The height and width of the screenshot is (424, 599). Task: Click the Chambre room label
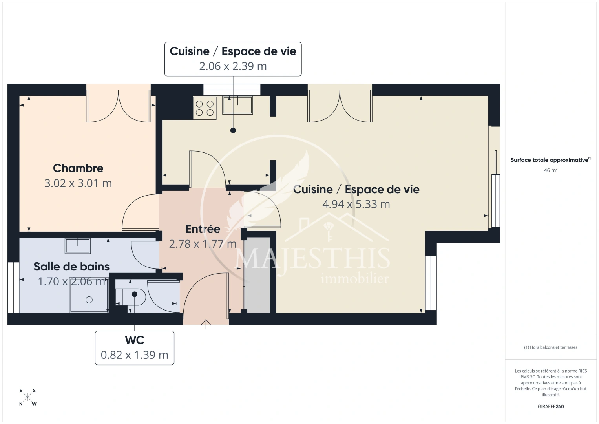[x=78, y=168]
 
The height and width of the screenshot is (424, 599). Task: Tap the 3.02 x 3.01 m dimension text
[x=78, y=183]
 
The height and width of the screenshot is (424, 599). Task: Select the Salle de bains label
[x=71, y=267]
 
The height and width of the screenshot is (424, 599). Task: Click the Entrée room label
[x=203, y=229]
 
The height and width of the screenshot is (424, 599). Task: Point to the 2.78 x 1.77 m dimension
[x=203, y=244]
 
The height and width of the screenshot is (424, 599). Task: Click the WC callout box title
[x=135, y=340]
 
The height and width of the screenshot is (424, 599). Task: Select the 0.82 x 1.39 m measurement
[x=135, y=355]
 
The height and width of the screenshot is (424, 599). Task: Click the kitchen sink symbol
[x=237, y=105]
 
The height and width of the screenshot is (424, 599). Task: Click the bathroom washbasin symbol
[x=78, y=246]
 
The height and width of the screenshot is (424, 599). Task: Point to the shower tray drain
[x=89, y=300]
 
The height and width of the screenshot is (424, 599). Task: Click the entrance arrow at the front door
[x=206, y=324]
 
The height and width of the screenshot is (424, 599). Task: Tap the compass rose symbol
[x=27, y=397]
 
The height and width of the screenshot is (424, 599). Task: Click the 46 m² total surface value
[x=551, y=170]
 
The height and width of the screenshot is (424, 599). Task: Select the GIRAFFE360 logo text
[x=551, y=406]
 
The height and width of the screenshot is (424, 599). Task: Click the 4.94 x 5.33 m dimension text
[x=356, y=204]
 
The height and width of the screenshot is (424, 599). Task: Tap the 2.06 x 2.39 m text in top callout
[x=233, y=66]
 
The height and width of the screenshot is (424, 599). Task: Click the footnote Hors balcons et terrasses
[x=551, y=347]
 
